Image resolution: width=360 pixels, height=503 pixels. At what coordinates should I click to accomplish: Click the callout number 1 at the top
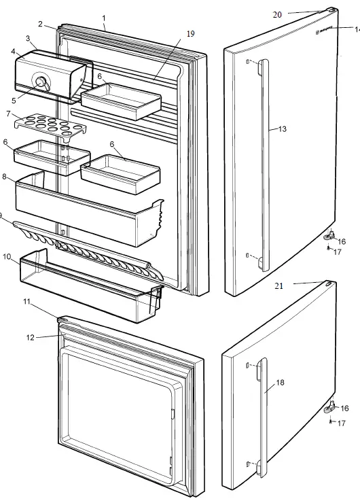[x=104, y=17]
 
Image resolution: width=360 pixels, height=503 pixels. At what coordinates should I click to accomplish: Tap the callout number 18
[x=280, y=383]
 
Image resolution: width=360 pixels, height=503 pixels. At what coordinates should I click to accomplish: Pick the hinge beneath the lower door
[x=332, y=407]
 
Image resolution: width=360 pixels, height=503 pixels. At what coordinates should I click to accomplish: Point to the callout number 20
[x=277, y=14]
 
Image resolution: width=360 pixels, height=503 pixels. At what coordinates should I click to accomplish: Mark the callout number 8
[x=5, y=177]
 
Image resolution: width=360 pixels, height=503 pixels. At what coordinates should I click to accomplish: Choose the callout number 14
[x=356, y=29]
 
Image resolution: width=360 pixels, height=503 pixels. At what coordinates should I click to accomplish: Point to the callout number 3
[x=28, y=38]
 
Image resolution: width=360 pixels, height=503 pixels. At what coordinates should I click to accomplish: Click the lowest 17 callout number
[x=342, y=423]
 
